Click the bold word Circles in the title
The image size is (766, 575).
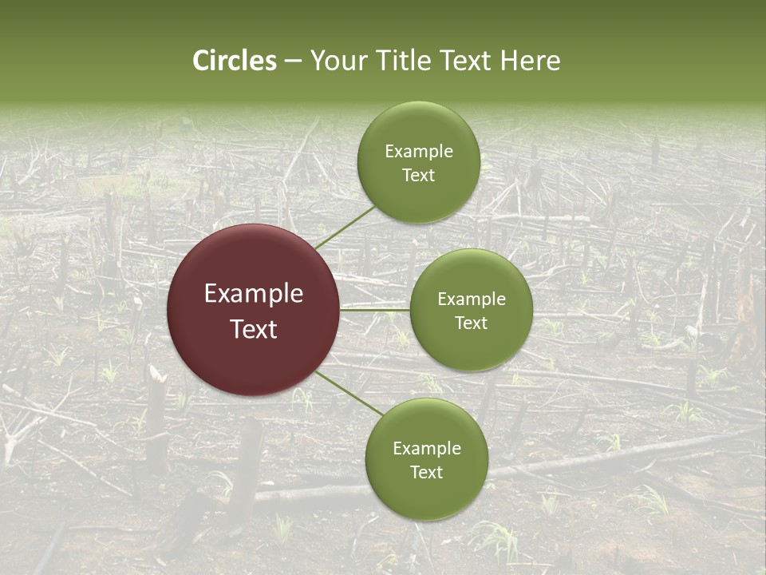(x=235, y=61)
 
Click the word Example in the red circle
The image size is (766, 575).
(x=254, y=294)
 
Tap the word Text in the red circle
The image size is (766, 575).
(x=254, y=329)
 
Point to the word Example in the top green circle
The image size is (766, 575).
(x=418, y=152)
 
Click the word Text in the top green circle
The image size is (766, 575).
(x=418, y=175)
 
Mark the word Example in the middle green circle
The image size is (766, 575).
(x=471, y=299)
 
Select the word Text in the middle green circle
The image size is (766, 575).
(x=471, y=323)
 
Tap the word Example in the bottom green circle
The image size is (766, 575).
(x=426, y=449)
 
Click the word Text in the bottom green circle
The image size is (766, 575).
(x=426, y=472)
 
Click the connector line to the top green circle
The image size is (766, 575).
(x=345, y=227)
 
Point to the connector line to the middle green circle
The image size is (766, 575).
(x=375, y=310)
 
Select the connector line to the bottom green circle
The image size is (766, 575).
(x=349, y=392)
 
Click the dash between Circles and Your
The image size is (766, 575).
(x=293, y=61)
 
